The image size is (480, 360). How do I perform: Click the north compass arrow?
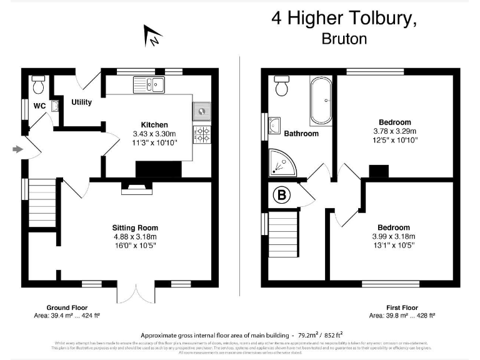tap(152, 36)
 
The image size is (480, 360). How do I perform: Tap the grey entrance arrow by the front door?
tap(17, 149)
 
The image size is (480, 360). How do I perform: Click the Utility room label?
tap(81, 102)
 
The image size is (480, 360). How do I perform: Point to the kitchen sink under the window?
tap(147, 84)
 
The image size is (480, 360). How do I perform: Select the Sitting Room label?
tap(135, 227)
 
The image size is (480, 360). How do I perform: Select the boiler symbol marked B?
tap(282, 196)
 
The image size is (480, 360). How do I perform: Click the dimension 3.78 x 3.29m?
tap(394, 131)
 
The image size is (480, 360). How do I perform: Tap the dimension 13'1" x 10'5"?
tap(394, 246)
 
